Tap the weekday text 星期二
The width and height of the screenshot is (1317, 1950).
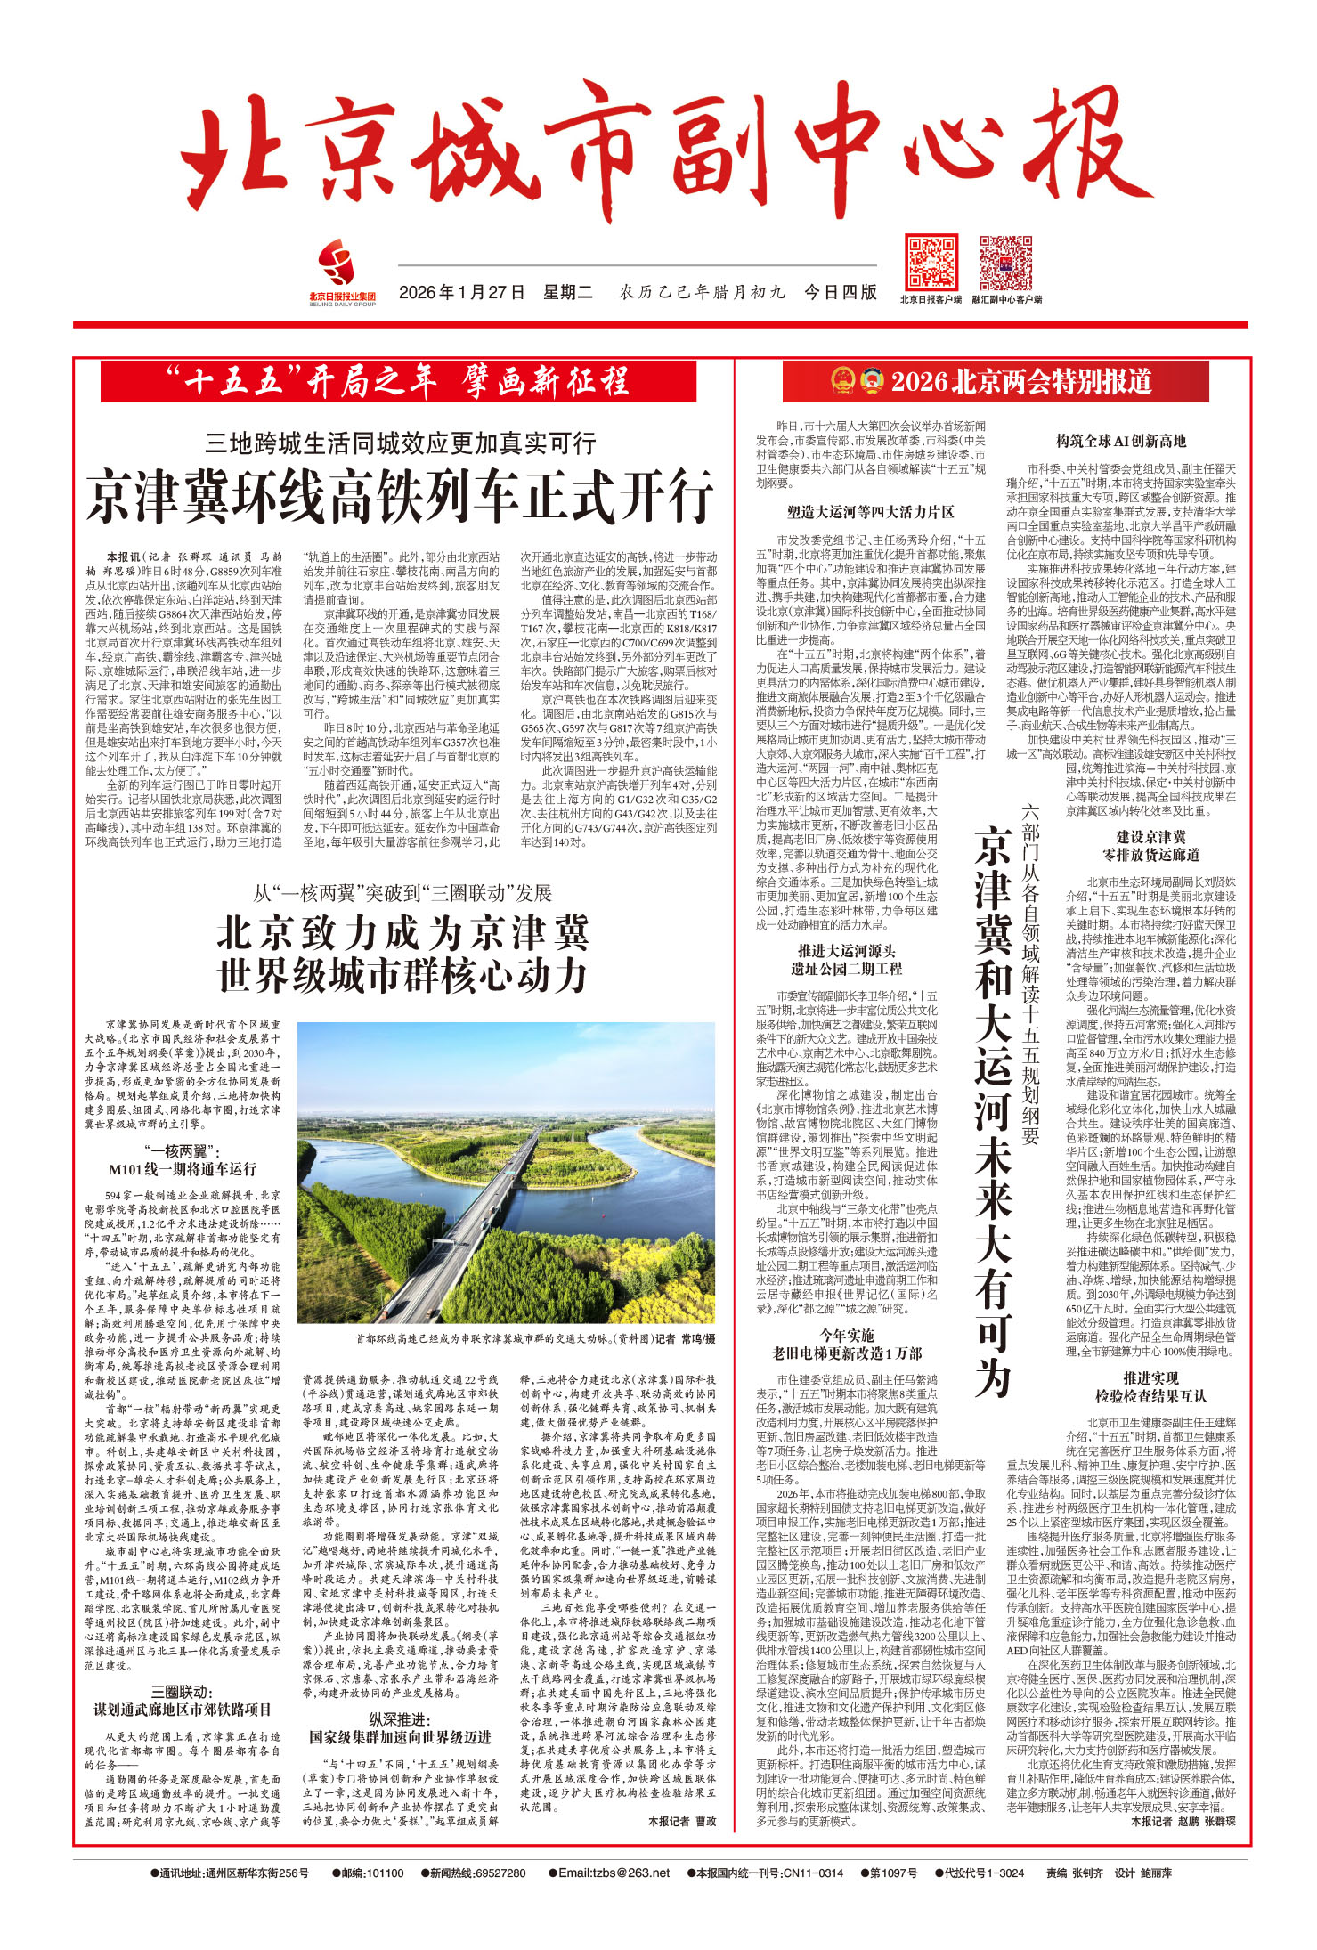[568, 292]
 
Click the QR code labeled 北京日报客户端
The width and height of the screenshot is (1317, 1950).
[931, 262]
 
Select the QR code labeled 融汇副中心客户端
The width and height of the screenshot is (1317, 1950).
[1005, 262]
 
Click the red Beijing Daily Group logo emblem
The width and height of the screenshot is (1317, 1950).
[337, 264]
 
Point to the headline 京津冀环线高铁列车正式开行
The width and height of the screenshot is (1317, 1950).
[400, 496]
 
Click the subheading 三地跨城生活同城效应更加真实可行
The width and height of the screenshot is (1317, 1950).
[400, 443]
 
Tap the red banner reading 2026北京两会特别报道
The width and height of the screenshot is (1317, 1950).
[1020, 382]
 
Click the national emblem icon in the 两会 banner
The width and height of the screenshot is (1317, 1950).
[842, 382]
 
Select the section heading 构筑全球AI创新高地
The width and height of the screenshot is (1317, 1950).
[1121, 441]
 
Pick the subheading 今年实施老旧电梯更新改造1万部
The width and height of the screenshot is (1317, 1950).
[847, 1345]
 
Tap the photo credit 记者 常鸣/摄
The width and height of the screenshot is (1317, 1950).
[685, 1338]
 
